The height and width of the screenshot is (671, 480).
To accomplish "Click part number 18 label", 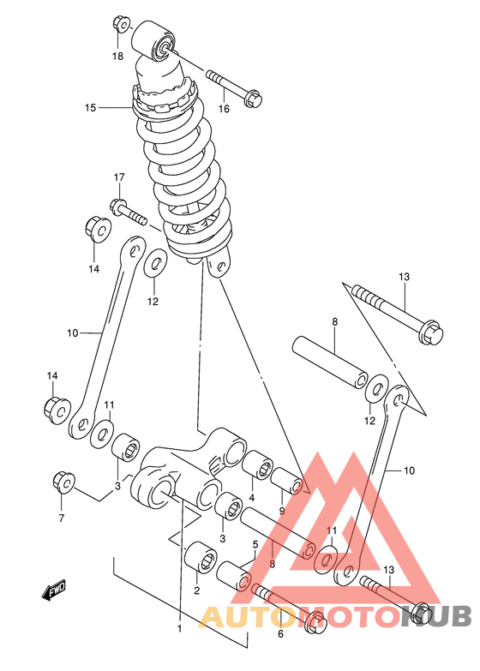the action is point(117,56).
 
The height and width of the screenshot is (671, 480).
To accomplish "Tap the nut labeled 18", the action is point(120,24).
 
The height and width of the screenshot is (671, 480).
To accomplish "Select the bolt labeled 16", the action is point(234,87).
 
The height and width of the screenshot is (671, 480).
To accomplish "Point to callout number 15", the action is point(90,107).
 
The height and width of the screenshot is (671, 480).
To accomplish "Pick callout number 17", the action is point(119,177).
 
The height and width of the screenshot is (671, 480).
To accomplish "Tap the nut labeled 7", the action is point(63,482).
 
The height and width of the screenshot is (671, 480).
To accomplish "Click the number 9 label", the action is point(282,511).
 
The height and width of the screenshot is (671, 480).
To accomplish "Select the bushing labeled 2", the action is point(200,556).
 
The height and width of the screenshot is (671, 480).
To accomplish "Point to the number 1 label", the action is point(180,629).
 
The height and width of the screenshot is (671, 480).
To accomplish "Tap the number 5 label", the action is point(255,545).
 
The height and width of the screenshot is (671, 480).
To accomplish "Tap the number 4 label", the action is point(252,498).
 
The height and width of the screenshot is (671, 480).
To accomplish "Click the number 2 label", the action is point(196,591).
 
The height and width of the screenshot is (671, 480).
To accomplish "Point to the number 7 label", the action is point(62,518).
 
